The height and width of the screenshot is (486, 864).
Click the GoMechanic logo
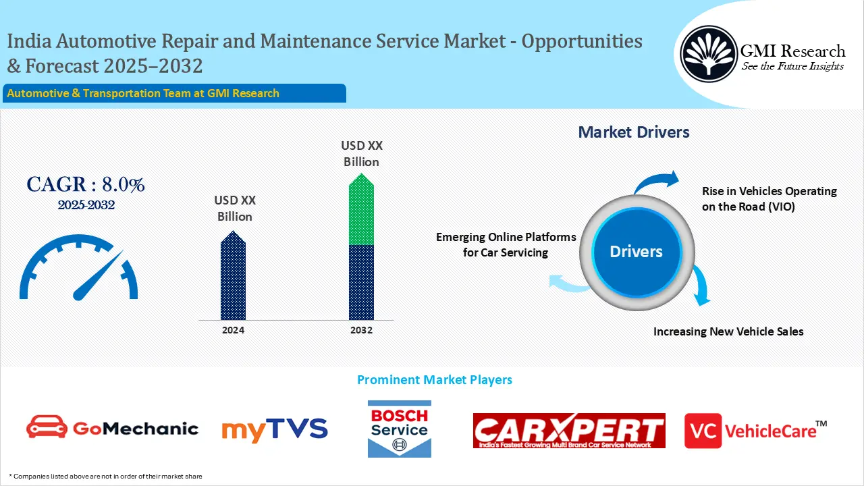(112, 428)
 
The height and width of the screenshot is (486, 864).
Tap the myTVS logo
(274, 430)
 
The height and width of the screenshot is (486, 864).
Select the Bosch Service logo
(399, 429)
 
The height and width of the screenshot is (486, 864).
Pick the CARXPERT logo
(569, 431)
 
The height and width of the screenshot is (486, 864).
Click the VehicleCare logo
(755, 430)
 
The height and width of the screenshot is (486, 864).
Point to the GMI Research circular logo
(708, 53)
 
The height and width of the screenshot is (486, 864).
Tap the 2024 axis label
(233, 330)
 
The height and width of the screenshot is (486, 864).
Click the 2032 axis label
(361, 330)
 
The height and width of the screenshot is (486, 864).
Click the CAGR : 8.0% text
(86, 184)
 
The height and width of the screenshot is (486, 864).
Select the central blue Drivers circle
(636, 252)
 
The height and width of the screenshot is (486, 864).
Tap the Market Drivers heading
(634, 132)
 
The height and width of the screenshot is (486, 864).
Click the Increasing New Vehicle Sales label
(728, 331)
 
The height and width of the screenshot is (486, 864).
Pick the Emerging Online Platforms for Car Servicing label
(506, 244)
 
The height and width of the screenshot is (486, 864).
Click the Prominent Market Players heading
(434, 380)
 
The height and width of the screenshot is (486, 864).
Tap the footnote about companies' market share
(106, 476)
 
